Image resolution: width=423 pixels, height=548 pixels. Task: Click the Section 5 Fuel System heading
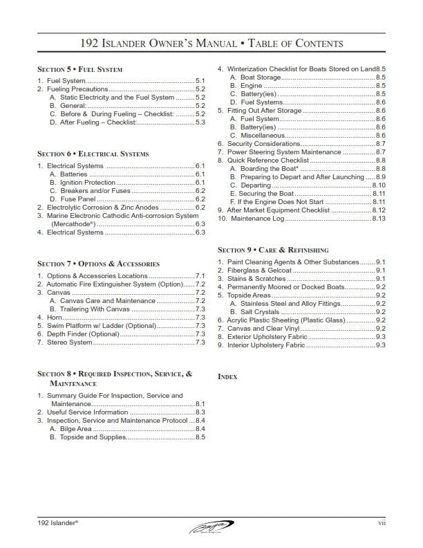point(79,70)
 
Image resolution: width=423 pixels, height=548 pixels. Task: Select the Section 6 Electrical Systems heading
point(93,154)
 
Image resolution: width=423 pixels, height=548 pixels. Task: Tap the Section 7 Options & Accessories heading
point(98,264)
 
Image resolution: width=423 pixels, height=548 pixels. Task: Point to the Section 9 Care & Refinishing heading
point(273,250)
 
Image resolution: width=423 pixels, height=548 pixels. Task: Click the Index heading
point(227,376)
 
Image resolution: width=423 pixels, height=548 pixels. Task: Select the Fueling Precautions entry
point(75,89)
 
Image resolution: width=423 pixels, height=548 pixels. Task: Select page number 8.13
point(379,218)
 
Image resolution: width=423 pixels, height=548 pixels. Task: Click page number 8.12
point(379,210)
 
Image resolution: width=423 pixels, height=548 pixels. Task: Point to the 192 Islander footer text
point(58,524)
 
